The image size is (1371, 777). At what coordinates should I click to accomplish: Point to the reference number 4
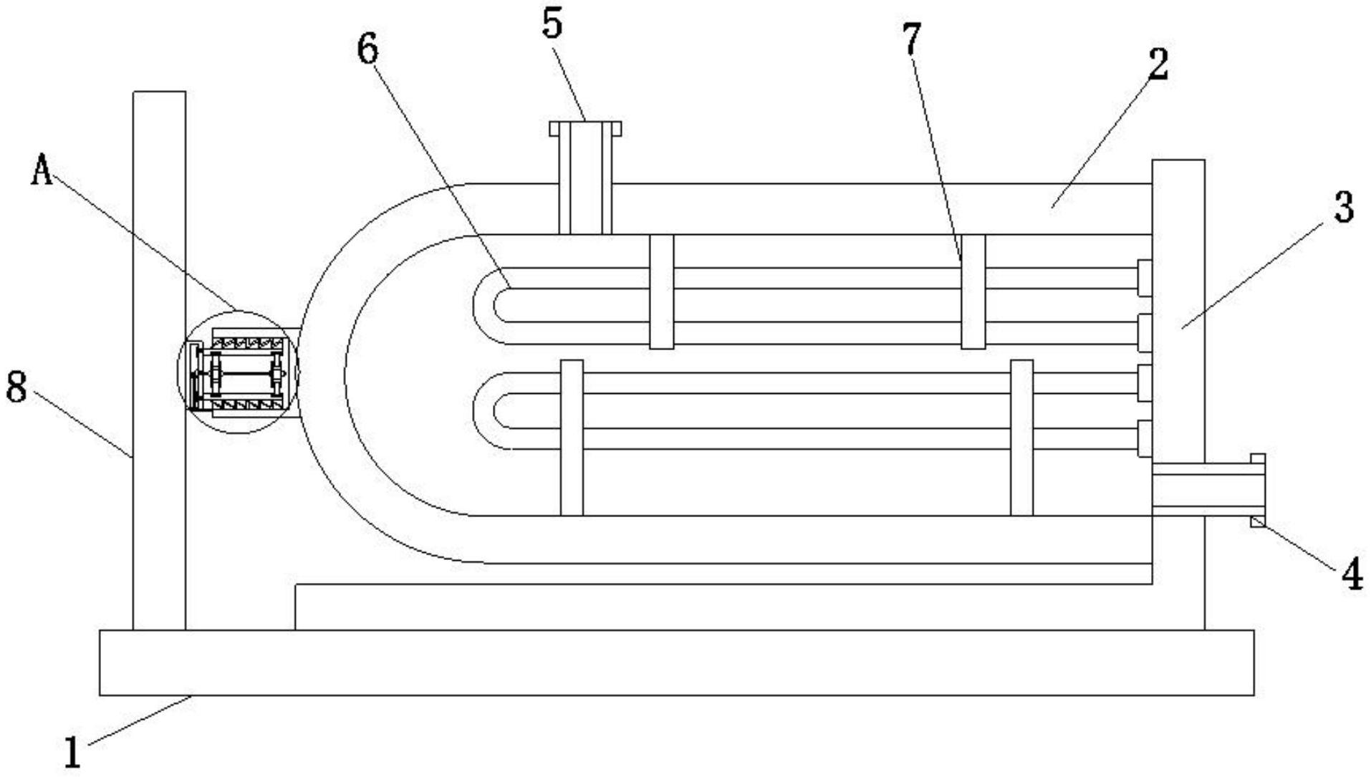coord(1351,574)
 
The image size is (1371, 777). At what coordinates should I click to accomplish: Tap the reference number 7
coord(910,39)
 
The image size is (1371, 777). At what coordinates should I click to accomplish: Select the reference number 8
coord(16,388)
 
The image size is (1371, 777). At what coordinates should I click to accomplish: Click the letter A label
coord(42,170)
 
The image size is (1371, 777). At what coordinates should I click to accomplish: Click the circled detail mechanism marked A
coord(239,372)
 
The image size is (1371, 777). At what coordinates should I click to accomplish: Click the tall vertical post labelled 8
coord(159,358)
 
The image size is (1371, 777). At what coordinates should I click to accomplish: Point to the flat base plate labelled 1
coord(676,662)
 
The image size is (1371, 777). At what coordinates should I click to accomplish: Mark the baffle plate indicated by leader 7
coord(973,291)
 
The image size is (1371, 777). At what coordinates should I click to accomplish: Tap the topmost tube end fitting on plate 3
coord(1145,278)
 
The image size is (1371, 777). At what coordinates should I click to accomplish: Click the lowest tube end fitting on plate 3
coord(1145,438)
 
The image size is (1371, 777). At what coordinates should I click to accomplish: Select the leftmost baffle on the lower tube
coord(571,437)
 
